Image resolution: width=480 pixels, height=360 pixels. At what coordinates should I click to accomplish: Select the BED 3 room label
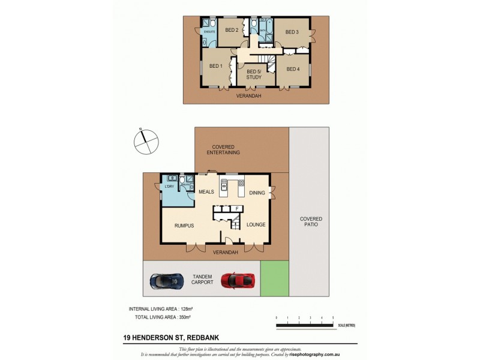tap(292, 32)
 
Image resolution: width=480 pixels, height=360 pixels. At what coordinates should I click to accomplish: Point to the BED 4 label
tap(293, 69)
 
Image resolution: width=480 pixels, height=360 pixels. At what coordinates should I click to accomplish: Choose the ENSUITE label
tap(209, 31)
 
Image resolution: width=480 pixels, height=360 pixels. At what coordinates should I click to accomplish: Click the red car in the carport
tap(239, 280)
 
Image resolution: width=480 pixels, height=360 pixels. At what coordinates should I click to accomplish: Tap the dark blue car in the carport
tap(167, 280)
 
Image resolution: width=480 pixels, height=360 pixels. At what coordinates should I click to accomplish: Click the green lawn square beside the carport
tap(275, 278)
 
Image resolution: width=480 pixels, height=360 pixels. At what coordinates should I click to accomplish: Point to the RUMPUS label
tap(184, 225)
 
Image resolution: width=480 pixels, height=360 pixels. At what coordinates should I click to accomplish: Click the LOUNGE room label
tap(256, 225)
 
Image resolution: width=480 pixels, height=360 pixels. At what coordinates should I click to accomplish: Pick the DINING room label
tap(257, 193)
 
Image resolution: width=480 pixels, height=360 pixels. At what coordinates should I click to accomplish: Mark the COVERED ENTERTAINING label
tap(223, 150)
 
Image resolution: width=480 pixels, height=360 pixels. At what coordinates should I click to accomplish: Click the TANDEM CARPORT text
tap(202, 278)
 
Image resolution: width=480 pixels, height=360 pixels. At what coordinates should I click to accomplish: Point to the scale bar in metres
tap(305, 325)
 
